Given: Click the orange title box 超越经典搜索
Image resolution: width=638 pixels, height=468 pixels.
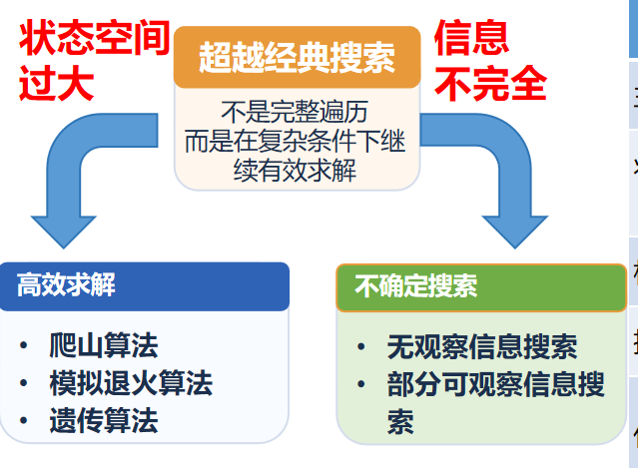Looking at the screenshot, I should [297, 57].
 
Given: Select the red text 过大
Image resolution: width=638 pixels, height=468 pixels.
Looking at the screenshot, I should [56, 84].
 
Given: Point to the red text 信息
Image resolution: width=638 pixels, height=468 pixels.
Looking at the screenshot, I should [470, 39].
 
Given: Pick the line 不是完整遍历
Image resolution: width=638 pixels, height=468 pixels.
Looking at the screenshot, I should [296, 112].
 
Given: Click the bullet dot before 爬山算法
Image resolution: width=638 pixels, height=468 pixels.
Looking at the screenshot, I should [22, 347].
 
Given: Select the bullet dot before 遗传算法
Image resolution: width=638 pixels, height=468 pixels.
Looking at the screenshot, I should [22, 421].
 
